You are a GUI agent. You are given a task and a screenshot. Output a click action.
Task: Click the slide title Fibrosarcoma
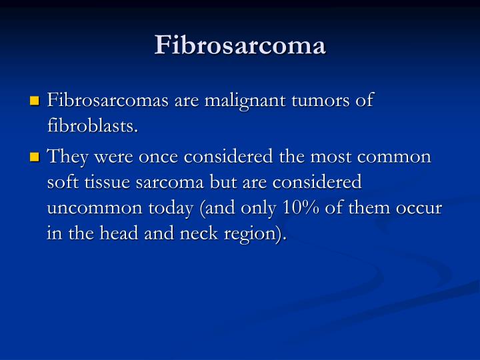point(240,45)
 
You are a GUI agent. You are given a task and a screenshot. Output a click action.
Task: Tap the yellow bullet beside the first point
point(35,102)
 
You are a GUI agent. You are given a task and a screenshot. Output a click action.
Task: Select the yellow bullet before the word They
point(35,159)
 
